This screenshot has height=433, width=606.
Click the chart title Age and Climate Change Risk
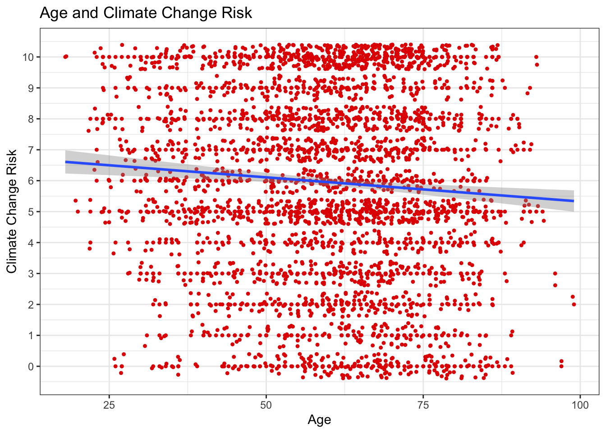[x=146, y=13]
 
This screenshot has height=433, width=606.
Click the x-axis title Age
[x=319, y=420]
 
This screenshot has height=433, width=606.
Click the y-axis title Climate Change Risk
[x=12, y=211]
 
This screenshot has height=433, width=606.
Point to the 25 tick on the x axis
[x=109, y=405]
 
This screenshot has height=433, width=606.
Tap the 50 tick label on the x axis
[x=266, y=405]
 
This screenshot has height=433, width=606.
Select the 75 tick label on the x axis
[x=423, y=405]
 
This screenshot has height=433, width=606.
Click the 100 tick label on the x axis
[x=580, y=405]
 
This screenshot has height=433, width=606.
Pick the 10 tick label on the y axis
[x=28, y=57]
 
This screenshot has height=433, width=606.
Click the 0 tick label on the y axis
[x=31, y=367]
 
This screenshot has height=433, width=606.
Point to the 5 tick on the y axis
[x=31, y=212]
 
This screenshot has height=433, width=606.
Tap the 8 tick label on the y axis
[x=31, y=119]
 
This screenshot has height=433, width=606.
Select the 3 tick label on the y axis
[x=31, y=274]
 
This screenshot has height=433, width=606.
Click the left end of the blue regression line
[x=66, y=161]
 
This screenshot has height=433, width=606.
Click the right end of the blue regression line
[x=574, y=201]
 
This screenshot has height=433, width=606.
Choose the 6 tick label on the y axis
[x=31, y=181]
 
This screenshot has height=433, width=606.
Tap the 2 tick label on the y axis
[x=31, y=305]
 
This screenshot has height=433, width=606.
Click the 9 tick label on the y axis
[x=31, y=88]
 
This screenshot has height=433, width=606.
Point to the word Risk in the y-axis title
[x=12, y=161]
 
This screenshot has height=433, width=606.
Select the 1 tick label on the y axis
[x=31, y=336]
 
